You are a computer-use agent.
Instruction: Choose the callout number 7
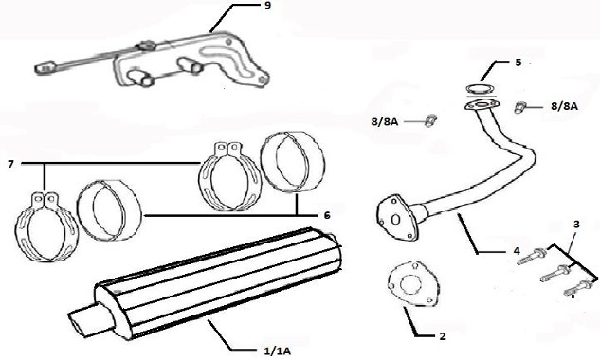point(9,165)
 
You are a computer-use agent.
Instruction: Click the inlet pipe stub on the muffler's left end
point(85,321)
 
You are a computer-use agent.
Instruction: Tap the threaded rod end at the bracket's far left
point(44,68)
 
